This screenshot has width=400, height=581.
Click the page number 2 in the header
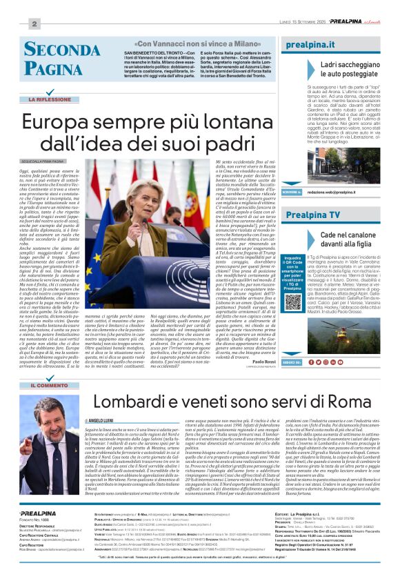(34, 23)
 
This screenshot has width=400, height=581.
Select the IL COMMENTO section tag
(49, 385)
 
